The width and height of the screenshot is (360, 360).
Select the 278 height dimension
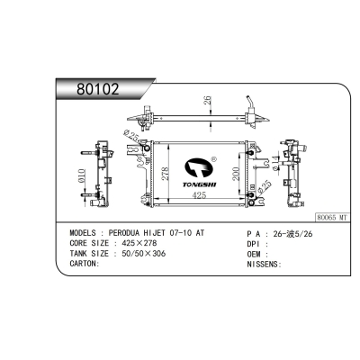click(166, 173)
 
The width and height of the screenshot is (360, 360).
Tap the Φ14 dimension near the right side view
click(276, 161)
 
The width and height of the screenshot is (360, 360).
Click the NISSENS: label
click(262, 265)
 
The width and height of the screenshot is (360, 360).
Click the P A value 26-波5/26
click(294, 232)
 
